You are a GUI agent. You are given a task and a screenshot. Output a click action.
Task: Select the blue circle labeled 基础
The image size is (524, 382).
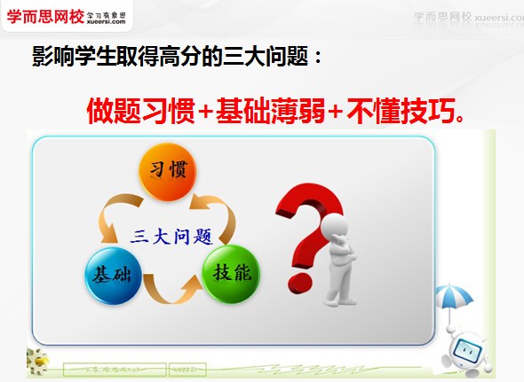(x=110, y=272)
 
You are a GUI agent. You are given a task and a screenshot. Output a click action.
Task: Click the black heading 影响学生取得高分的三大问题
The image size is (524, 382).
(x=176, y=59)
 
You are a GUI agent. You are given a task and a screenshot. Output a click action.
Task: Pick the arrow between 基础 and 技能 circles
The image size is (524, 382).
(x=170, y=292)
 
